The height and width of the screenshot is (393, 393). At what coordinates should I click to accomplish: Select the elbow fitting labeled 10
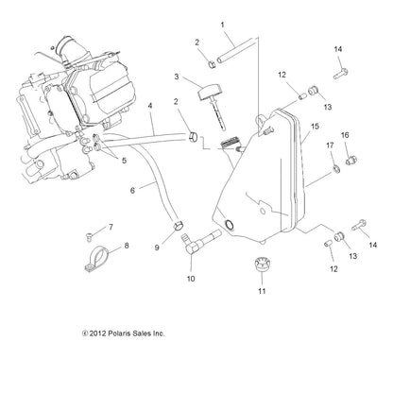pos(199,242)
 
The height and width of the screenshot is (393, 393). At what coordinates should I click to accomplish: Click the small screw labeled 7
pos(89,236)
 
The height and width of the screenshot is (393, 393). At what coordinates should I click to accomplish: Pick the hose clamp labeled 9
pos(179,225)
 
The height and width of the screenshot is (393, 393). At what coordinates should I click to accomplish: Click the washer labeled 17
pos(336,169)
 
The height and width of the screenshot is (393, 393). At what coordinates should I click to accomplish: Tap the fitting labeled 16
pos(350,161)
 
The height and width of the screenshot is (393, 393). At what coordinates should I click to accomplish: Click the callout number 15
pos(315,127)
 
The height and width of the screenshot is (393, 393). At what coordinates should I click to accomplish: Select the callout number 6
pos(132,191)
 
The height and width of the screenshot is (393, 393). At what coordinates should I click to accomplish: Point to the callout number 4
pos(150,106)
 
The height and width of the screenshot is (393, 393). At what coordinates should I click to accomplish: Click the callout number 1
pos(222,25)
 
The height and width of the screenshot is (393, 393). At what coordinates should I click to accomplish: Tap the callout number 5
pos(124,161)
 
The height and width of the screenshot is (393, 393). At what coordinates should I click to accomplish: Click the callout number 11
pos(262,291)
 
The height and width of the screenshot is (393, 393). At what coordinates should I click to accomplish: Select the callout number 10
pos(191,279)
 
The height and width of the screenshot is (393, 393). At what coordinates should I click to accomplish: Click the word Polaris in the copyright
pos(119,333)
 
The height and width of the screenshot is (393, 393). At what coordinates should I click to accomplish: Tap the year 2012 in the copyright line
pos(97,333)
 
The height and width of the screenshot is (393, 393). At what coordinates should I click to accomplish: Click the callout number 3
pos(177,77)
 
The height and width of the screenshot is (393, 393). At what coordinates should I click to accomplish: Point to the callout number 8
pos(127,246)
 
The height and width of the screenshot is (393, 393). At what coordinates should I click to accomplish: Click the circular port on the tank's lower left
pos(229,224)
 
